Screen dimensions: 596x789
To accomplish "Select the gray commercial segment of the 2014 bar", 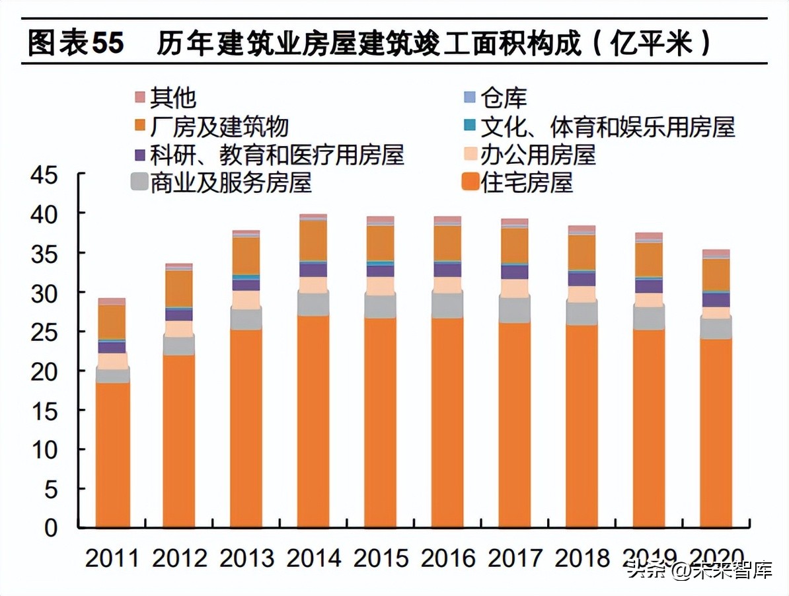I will pos(313,304).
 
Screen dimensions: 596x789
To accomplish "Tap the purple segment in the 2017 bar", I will pos(515,272).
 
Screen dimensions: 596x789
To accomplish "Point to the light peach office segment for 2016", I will pos(447,285).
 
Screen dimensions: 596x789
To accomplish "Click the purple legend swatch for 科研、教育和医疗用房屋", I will pos(139,155).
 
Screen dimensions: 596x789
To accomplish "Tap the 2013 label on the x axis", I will pos(246,558).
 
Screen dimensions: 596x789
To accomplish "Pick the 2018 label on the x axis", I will pos(582,558).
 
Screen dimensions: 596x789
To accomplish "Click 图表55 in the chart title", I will pos(75,44).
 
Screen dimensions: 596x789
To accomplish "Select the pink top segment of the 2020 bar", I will pos(716,253).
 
